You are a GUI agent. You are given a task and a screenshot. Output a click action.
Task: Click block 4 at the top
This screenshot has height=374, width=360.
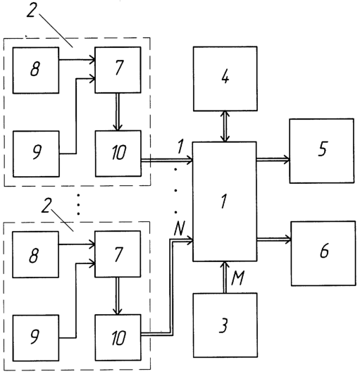tap(225, 79)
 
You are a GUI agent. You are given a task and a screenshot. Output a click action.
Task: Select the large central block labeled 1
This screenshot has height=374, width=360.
tap(225, 201)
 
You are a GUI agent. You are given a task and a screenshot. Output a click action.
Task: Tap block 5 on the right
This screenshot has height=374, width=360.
tap(322, 151)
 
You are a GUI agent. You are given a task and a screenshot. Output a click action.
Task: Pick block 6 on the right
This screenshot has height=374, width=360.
tap(323, 254)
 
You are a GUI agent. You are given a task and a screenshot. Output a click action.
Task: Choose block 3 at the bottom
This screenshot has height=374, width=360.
tap(225, 325)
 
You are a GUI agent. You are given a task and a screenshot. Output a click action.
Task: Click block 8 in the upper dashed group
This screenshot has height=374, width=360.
tap(36, 70)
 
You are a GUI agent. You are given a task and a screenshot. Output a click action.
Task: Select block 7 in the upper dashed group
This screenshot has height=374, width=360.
tap(118, 70)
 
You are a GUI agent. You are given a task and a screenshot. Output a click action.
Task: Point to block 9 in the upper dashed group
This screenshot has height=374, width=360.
tap(36, 154)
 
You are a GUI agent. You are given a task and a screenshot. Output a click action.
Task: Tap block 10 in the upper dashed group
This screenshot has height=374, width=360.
tap(118, 154)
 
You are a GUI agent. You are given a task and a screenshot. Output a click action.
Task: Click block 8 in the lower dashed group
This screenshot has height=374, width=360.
tap(35, 254)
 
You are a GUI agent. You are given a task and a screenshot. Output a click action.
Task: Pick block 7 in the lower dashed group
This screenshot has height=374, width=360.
tap(118, 254)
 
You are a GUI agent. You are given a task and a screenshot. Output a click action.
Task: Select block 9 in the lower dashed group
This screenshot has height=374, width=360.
tap(35, 338)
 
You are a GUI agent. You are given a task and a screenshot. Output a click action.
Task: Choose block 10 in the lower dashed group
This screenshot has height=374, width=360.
tap(118, 337)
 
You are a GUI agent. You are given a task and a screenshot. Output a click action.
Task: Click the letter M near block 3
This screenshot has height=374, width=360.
tap(237, 278)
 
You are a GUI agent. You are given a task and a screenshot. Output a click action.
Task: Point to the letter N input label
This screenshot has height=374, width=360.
tap(180, 228)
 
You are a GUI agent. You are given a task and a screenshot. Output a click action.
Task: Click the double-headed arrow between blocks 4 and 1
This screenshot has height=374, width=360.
tap(225, 126)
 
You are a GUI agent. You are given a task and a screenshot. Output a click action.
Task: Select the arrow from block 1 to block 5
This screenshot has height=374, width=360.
tap(273, 159)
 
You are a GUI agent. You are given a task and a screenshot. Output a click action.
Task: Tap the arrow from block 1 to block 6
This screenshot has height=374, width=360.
tap(274, 239)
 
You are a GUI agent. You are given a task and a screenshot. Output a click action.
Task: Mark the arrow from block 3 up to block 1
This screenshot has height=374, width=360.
tap(225, 278)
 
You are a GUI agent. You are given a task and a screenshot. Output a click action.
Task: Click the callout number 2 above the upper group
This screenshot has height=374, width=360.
tap(31, 10)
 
